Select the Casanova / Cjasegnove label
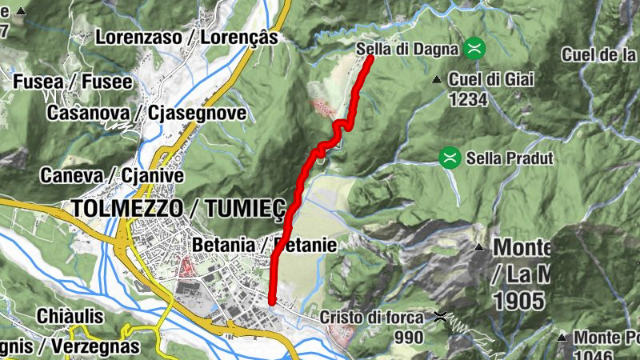(x=146, y=113)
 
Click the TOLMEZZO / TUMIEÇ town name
(x=178, y=208)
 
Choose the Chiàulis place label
(x=70, y=316)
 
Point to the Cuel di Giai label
(x=490, y=79)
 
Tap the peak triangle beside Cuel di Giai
(x=437, y=79)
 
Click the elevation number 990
(x=409, y=337)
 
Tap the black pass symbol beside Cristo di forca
(x=439, y=317)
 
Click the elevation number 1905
(x=519, y=301)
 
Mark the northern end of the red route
(x=371, y=58)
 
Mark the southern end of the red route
(x=272, y=302)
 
